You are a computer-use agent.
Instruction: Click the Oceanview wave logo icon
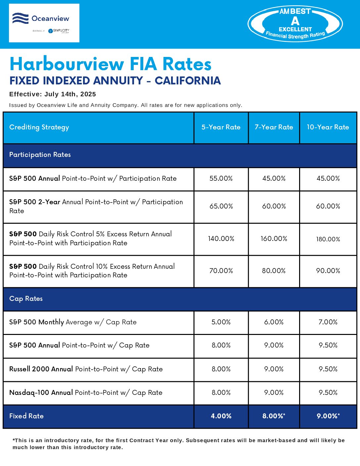20,18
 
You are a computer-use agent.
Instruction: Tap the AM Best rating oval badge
295,24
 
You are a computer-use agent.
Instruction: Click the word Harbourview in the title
67,64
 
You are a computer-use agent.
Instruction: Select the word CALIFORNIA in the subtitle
188,80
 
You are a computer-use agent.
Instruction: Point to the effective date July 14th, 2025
70,94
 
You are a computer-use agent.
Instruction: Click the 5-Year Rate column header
221,127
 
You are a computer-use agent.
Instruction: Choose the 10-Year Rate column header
328,127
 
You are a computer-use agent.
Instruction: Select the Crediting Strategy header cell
39,127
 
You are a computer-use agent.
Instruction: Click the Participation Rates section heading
40,155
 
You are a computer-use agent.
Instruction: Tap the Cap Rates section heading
26,299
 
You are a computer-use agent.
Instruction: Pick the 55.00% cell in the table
221,178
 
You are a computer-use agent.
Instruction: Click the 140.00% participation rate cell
221,239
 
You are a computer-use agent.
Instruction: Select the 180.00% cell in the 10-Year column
328,239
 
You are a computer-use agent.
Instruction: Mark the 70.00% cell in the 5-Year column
221,271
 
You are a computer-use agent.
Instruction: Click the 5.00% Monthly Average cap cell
221,322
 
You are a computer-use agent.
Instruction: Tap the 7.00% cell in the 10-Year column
328,322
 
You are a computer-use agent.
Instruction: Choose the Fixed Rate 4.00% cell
221,416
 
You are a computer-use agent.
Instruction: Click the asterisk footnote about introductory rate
179,444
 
